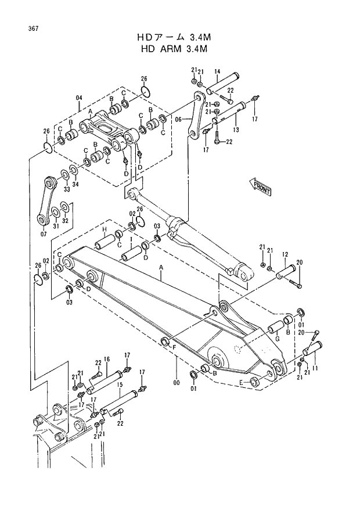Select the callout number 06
(x=178, y=118)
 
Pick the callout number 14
(x=217, y=73)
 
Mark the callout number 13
(x=236, y=130)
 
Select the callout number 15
(x=118, y=384)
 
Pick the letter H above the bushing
(x=106, y=231)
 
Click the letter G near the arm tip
(x=277, y=339)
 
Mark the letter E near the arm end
(x=242, y=382)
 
